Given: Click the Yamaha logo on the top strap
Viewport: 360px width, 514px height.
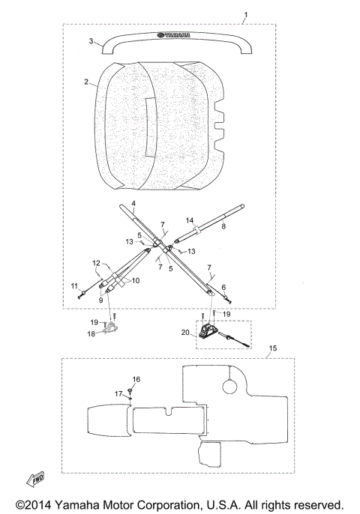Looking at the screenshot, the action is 173,34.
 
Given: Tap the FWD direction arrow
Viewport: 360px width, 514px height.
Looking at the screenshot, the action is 35,479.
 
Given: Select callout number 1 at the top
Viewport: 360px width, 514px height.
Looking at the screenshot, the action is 246,15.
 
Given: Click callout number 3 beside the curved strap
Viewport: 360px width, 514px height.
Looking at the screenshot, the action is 91,41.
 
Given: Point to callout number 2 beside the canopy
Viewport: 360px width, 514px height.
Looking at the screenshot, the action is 86,82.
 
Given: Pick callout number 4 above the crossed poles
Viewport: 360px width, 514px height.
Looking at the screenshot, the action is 133,204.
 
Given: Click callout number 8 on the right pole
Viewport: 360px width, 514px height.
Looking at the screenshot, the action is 223,226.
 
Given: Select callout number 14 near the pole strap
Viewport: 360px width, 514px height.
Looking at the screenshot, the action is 190,220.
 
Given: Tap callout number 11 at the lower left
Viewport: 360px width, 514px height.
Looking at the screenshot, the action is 74,286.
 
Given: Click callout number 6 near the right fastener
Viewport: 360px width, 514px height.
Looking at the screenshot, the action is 223,288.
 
